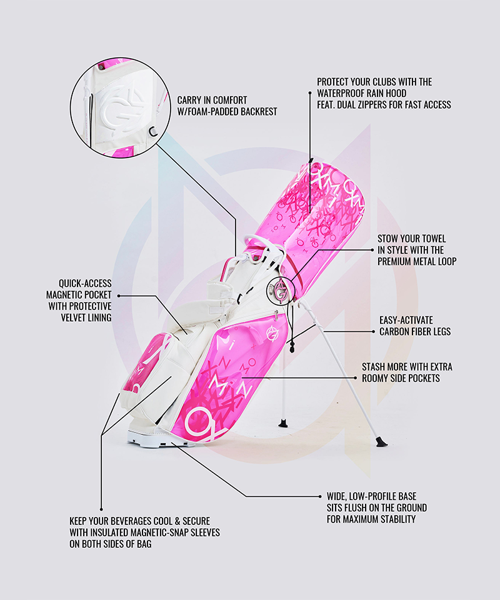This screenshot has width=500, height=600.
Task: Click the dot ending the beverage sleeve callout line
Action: click(x=101, y=508)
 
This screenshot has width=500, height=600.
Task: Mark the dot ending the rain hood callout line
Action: click(x=311, y=92)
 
